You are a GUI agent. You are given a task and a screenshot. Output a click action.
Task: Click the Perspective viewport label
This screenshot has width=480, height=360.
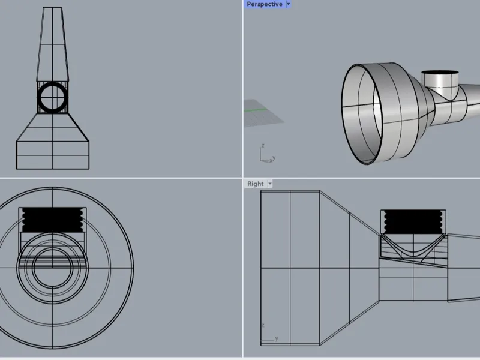[265, 4]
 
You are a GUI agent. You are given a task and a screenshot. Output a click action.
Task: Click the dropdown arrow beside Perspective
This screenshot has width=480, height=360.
[288, 4]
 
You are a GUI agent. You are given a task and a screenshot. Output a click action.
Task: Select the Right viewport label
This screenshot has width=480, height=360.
[256, 184]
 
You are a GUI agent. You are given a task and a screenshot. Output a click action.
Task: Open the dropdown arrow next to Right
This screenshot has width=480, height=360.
[269, 184]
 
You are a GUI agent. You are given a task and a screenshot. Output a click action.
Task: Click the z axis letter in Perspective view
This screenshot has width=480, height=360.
[263, 146]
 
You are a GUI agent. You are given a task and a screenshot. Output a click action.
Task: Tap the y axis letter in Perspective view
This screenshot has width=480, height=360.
[274, 158]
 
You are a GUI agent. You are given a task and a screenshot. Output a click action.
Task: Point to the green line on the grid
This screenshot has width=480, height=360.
[256, 110]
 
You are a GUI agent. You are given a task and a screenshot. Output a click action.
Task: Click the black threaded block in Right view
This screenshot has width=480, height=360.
[413, 222]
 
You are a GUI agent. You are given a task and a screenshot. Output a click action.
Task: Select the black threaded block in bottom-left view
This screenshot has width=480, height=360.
[53, 220]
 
